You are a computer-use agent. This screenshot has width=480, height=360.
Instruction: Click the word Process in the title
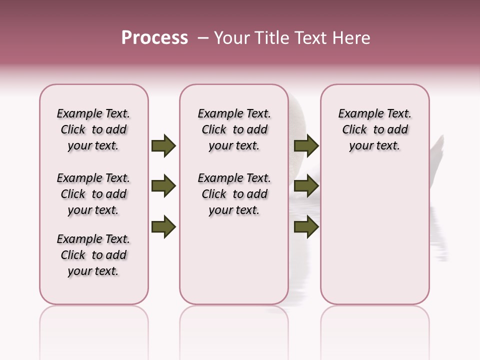pos(154,38)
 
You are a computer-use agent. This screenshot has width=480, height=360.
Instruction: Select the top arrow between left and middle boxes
pos(163,146)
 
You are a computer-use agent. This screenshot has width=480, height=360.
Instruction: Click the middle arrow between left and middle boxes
pos(163,186)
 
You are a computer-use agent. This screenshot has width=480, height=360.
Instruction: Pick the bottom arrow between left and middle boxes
pos(163,227)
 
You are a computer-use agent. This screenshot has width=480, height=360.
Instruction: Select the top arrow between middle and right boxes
pos(306,146)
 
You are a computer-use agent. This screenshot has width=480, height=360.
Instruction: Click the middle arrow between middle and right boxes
pos(306,186)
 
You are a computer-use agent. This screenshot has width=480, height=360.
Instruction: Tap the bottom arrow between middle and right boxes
pos(306,227)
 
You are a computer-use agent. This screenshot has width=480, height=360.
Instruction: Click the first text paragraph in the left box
pos(93,129)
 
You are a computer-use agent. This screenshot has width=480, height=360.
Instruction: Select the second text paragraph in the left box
pos(93,194)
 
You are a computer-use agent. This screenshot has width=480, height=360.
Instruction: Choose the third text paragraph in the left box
pos(93,255)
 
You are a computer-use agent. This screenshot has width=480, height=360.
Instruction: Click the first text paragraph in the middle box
pos(234,129)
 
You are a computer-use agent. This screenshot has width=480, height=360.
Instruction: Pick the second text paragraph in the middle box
pos(234,194)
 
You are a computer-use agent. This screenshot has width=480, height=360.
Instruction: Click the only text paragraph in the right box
pos(375,129)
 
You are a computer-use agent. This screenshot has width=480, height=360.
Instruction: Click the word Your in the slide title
pos(232,38)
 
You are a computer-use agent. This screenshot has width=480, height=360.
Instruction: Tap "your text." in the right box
pos(374,146)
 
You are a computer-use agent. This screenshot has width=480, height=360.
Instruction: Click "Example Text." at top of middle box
pos(234,113)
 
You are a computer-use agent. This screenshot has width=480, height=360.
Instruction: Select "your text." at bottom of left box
pos(93,271)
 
